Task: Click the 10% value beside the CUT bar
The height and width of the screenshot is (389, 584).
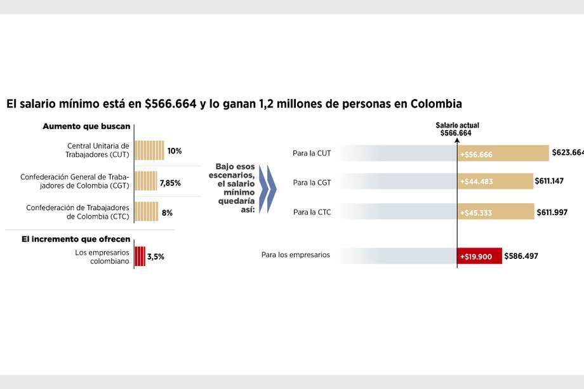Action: coord(175,151)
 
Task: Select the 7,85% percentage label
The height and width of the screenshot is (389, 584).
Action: coord(170,183)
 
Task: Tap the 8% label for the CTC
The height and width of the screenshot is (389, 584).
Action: coord(167,213)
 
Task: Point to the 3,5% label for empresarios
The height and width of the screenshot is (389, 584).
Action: coord(156,257)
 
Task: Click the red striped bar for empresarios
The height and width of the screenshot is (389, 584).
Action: coord(140,256)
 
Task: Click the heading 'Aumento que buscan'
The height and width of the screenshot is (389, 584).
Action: coord(86,126)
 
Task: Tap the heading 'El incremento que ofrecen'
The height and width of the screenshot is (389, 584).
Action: coord(76,239)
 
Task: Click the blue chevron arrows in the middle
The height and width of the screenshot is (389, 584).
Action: coord(269,189)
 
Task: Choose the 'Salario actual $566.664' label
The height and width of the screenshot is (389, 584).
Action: coord(456,129)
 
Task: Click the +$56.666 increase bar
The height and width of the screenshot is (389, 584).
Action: coord(502,154)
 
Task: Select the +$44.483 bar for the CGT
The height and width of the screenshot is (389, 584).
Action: coord(495,181)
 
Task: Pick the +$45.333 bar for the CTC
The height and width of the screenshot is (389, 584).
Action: coord(495,212)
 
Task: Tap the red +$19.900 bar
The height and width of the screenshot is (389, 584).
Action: coord(479,256)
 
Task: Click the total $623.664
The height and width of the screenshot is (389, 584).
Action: coord(567,152)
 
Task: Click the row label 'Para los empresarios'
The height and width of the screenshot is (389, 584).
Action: coord(295,255)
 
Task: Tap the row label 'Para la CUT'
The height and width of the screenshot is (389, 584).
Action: coord(312,153)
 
